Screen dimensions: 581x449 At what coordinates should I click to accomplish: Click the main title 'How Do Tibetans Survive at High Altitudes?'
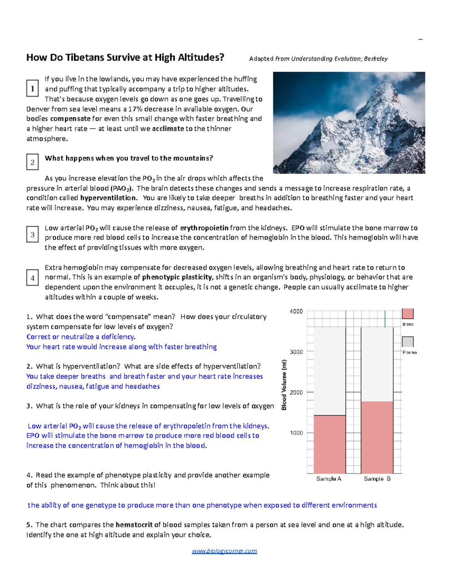125,58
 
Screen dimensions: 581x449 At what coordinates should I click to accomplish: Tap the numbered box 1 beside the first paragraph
33,88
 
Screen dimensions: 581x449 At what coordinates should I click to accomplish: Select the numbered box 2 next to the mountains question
33,162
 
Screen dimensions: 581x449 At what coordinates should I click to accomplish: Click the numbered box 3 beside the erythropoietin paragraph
33,235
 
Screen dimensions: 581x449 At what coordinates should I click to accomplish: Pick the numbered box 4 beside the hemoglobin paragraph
33,278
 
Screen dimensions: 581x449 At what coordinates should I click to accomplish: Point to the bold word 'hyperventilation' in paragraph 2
109,198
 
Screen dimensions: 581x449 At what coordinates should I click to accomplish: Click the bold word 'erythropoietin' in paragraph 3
204,228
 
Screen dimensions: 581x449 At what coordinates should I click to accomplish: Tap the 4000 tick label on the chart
296,311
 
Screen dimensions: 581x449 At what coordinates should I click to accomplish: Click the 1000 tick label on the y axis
296,433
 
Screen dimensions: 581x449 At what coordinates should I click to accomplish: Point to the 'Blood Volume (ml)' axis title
284,385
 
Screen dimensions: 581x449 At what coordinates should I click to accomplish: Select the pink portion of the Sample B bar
377,438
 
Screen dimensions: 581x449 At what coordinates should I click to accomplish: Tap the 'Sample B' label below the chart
377,479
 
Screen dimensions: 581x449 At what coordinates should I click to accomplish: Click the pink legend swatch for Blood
407,314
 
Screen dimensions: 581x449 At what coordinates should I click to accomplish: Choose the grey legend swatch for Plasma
407,342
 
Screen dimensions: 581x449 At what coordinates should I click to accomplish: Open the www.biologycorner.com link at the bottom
224,551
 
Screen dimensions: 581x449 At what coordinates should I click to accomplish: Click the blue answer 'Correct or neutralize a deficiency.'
81,337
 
